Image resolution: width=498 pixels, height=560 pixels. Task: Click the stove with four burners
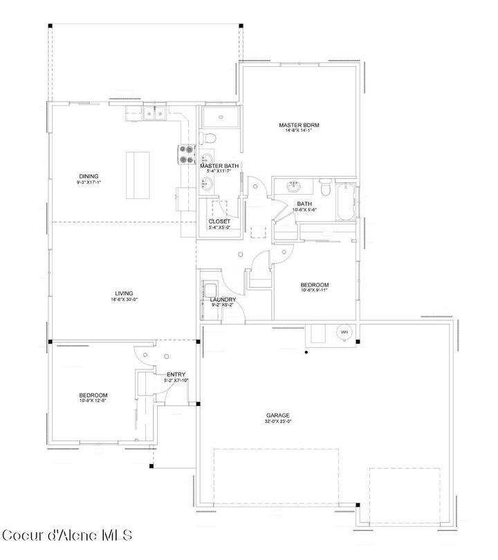click(187, 153)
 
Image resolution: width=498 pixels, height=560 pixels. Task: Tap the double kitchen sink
click(154, 113)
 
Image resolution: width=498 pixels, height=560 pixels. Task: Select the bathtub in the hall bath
click(345, 202)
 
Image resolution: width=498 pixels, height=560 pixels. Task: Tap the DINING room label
click(89, 176)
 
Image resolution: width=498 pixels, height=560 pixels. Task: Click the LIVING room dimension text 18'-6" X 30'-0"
click(124, 300)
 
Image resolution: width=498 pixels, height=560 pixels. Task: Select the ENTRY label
click(176, 374)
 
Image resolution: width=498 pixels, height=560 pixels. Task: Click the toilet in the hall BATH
click(324, 187)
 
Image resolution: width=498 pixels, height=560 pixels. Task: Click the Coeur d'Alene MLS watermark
click(66, 536)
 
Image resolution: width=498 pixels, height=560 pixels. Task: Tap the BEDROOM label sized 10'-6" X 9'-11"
click(314, 284)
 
